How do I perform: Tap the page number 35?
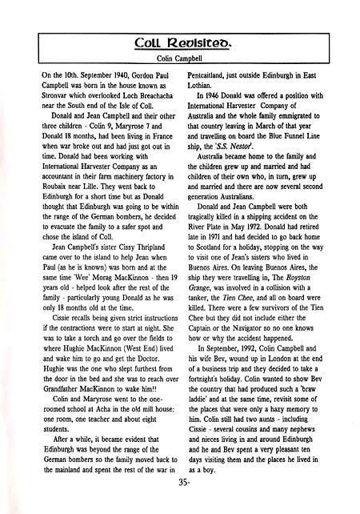coord(180,503)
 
